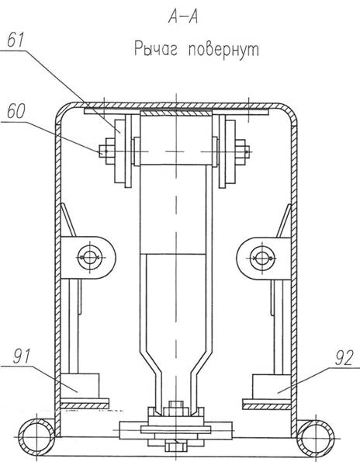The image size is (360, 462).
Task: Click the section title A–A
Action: (x=183, y=18)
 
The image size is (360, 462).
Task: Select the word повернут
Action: (x=224, y=50)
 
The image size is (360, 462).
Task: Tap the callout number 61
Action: (x=16, y=40)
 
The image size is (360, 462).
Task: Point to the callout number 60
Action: (x=16, y=111)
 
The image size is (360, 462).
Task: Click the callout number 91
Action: (x=22, y=356)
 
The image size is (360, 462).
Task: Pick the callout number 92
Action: (x=344, y=358)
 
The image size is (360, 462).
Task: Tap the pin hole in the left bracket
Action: (x=90, y=258)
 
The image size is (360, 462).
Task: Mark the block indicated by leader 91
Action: (x=80, y=386)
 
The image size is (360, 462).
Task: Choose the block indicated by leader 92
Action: (x=272, y=387)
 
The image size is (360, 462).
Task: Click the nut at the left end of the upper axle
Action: (x=107, y=151)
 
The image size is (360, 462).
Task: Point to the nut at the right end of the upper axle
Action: (x=242, y=151)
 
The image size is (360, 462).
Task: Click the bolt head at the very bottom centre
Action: (x=175, y=446)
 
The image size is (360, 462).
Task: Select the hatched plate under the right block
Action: (x=267, y=407)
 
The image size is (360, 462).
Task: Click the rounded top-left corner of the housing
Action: (x=62, y=111)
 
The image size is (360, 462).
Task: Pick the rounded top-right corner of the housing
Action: (x=290, y=111)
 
